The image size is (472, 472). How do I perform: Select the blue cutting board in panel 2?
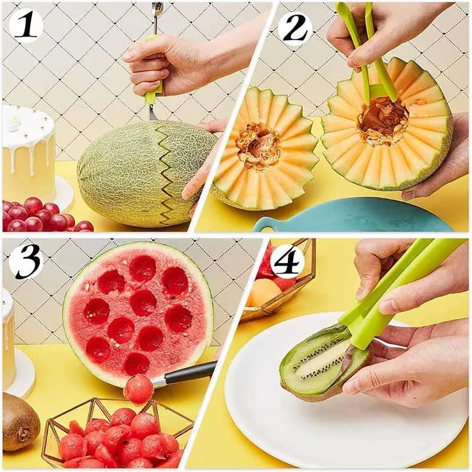pos(355,215)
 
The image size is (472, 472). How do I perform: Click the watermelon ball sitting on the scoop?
pos(138,389)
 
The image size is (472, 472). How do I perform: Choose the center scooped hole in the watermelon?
pos(143,302)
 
